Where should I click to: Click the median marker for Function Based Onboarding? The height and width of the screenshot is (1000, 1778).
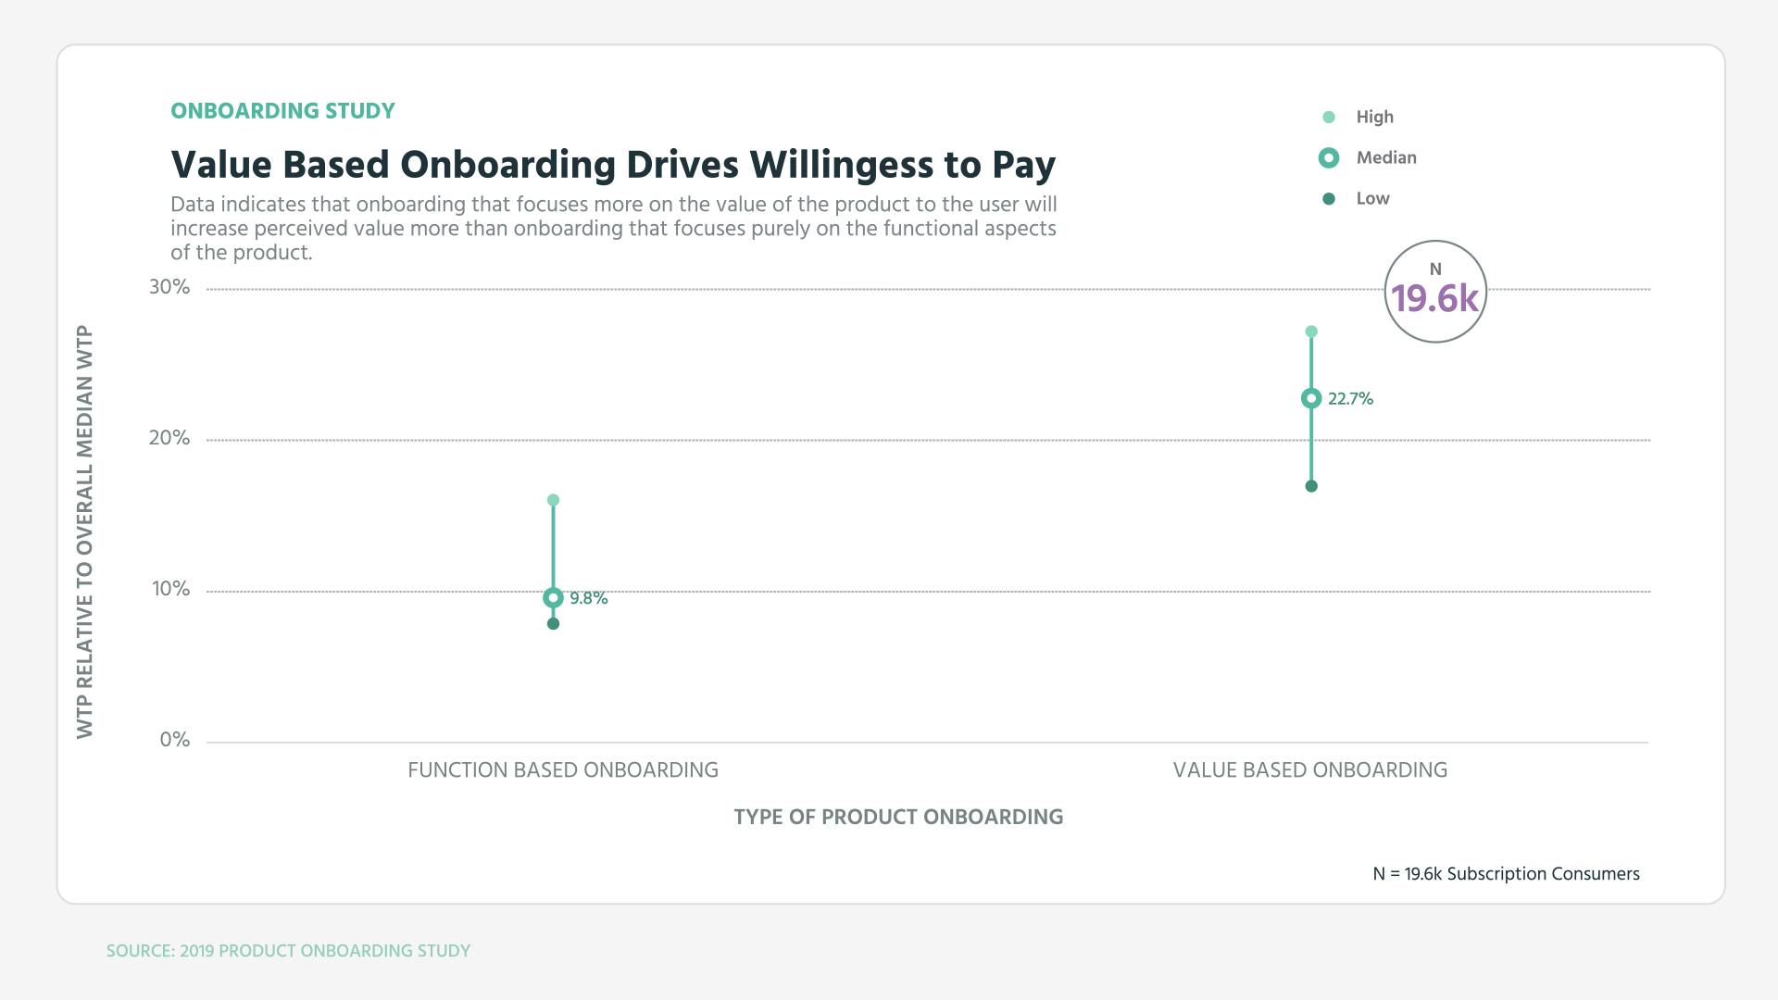pyautogui.click(x=553, y=598)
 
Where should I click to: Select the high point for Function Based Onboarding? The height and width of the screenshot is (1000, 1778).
pyautogui.click(x=553, y=500)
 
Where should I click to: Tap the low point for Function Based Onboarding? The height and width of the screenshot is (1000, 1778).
pyautogui.click(x=553, y=624)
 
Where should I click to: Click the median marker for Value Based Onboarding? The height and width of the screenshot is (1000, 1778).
pyautogui.click(x=1311, y=399)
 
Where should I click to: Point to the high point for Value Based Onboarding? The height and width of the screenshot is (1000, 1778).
pyautogui.click(x=1311, y=331)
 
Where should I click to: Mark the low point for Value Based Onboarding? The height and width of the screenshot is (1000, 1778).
pyautogui.click(x=1311, y=486)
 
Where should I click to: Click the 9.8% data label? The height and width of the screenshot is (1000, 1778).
pyautogui.click(x=589, y=599)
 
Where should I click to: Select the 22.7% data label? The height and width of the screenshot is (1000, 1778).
pyautogui.click(x=1350, y=399)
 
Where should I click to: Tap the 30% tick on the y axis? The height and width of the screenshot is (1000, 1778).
pyautogui.click(x=169, y=287)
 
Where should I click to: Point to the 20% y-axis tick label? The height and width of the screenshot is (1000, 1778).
pyautogui.click(x=169, y=438)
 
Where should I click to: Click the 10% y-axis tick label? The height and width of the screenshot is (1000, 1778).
pyautogui.click(x=171, y=589)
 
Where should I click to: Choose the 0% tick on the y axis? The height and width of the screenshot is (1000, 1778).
pyautogui.click(x=175, y=740)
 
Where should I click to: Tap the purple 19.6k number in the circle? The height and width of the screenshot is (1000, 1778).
pyautogui.click(x=1435, y=299)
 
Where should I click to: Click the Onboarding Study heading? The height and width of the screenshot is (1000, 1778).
pyautogui.click(x=282, y=111)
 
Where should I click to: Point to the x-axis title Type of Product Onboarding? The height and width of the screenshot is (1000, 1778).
pyautogui.click(x=898, y=818)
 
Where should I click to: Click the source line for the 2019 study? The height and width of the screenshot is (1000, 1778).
pyautogui.click(x=288, y=951)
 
